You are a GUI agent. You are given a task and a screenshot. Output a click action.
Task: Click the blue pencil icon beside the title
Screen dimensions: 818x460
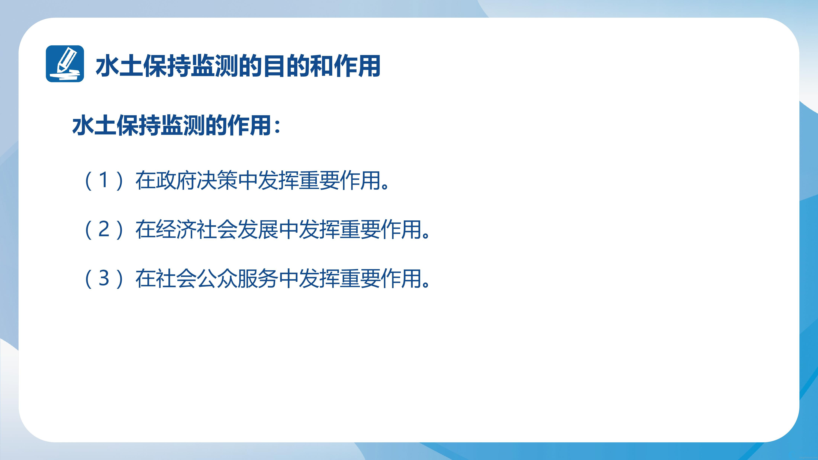point(65,64)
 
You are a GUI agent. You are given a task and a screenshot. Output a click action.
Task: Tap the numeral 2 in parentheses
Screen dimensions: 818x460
point(104,229)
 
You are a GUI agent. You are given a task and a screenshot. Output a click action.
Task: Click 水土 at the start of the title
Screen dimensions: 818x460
point(119,66)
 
